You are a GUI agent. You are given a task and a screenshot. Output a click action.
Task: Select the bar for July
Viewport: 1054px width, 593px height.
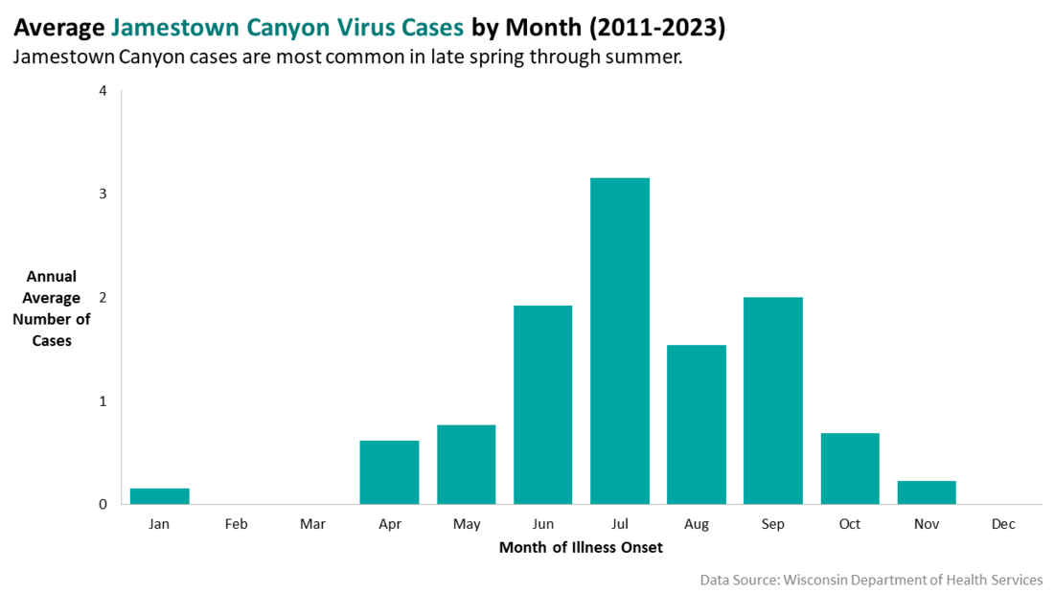click(x=620, y=340)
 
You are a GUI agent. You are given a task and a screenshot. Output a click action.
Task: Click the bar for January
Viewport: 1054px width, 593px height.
click(x=160, y=496)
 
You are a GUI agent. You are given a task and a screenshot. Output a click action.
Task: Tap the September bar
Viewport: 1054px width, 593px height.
click(x=773, y=400)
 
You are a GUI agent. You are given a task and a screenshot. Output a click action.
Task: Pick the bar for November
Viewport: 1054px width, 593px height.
click(x=927, y=492)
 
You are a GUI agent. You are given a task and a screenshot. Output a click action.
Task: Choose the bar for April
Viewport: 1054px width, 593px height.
click(x=390, y=472)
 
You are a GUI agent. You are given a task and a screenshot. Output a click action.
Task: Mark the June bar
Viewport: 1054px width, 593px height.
click(x=543, y=404)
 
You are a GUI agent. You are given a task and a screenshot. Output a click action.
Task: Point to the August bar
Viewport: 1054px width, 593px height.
click(x=697, y=424)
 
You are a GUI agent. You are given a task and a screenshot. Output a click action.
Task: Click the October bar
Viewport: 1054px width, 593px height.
click(x=850, y=468)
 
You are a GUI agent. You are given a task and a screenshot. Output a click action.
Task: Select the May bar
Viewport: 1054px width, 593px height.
click(x=467, y=465)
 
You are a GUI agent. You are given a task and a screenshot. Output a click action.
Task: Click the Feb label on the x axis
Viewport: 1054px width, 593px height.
click(x=237, y=524)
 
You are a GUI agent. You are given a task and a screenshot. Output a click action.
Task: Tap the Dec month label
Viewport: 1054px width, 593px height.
click(x=1003, y=524)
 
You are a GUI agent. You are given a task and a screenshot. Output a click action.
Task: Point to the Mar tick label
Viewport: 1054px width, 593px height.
click(x=312, y=524)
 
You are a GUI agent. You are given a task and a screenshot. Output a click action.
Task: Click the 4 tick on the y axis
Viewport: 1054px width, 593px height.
click(x=103, y=91)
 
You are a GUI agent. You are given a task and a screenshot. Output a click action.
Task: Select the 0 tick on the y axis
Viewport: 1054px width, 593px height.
click(x=103, y=504)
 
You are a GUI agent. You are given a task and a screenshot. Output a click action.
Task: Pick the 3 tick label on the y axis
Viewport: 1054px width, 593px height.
click(x=103, y=194)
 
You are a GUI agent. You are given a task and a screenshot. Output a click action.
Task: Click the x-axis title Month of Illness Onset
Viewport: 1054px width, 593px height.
click(x=581, y=548)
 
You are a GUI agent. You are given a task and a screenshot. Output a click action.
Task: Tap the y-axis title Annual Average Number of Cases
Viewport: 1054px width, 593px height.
click(x=52, y=308)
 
